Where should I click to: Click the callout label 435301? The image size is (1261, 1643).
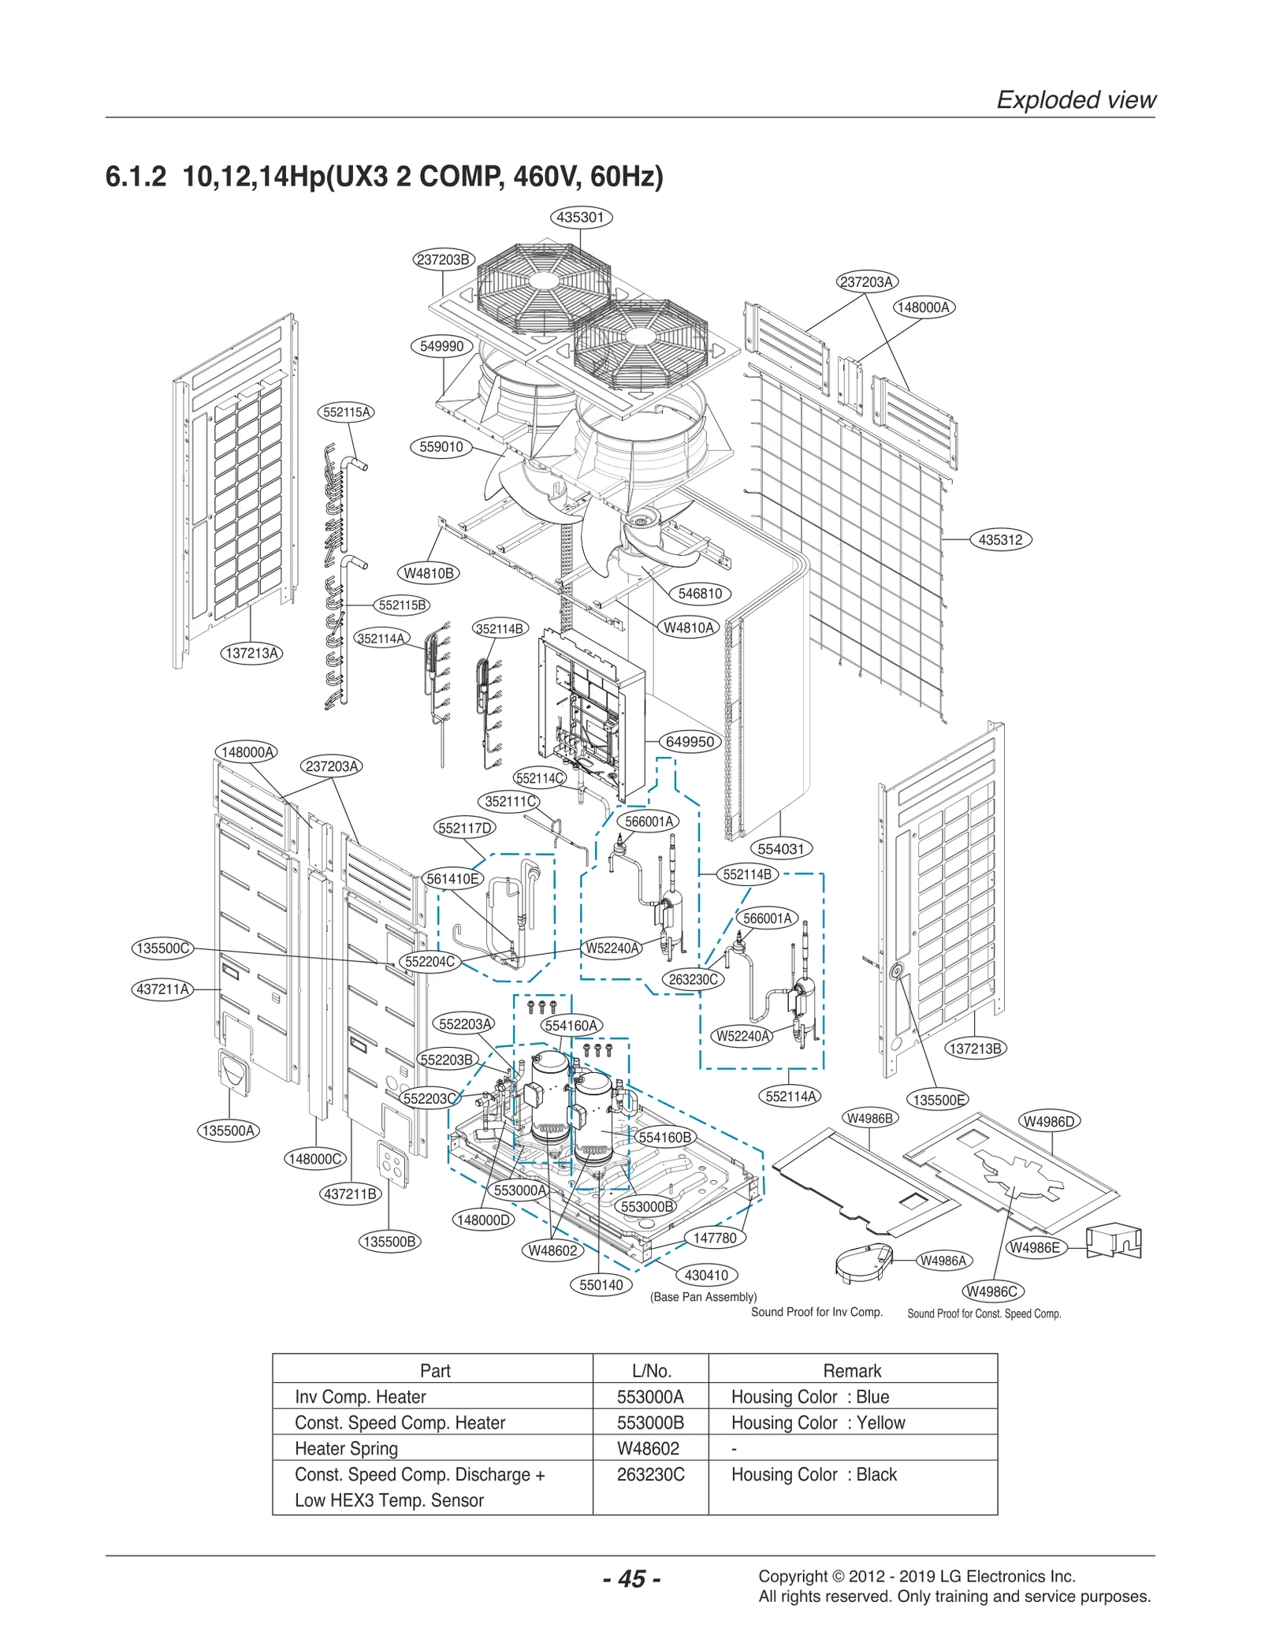click(580, 217)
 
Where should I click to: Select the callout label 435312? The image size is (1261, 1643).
click(1000, 540)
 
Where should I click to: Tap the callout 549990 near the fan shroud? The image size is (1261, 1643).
click(441, 346)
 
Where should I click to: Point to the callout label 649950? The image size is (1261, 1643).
click(690, 742)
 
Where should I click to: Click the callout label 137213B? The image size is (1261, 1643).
click(976, 1049)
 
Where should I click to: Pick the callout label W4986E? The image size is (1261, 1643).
click(1036, 1247)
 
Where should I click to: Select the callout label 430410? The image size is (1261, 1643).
click(706, 1275)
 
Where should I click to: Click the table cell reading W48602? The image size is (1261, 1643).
click(648, 1448)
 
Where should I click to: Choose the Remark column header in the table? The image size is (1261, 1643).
click(852, 1370)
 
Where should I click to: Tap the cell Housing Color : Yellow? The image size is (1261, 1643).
click(817, 1422)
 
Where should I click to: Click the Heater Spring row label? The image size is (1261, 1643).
click(346, 1448)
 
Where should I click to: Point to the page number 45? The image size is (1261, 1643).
click(631, 1579)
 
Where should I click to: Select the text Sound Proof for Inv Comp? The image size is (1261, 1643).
click(816, 1312)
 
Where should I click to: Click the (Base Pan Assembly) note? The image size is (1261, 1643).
click(703, 1297)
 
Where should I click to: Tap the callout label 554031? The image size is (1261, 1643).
click(780, 849)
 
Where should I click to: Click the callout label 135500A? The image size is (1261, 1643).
click(228, 1131)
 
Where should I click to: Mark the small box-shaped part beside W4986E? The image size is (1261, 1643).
click(1114, 1242)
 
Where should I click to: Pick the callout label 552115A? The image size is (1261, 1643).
click(347, 412)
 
